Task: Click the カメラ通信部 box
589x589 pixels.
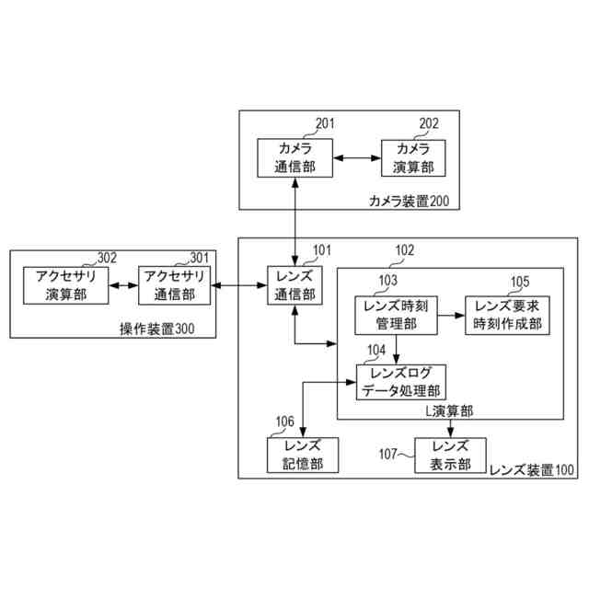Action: (294, 158)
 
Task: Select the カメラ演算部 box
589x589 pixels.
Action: (412, 158)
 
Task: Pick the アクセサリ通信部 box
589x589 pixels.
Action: (174, 285)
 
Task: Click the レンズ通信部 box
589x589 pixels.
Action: (294, 286)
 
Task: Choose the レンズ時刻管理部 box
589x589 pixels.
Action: (397, 314)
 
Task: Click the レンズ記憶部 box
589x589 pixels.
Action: (295, 456)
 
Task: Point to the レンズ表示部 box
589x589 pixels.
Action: (450, 456)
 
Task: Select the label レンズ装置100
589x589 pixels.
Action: (531, 469)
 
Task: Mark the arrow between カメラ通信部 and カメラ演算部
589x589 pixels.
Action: (352, 158)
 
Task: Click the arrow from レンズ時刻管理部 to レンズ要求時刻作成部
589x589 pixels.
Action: (451, 314)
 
